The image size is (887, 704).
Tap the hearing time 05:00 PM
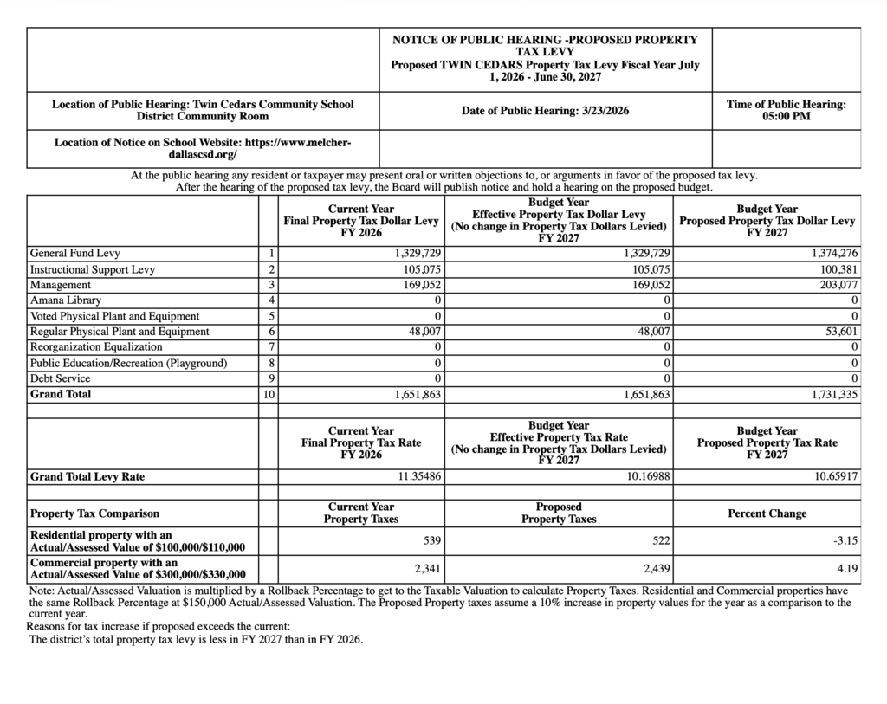tap(786, 116)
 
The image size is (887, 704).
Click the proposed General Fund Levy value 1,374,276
tap(835, 254)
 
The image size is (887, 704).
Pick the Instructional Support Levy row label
tap(93, 269)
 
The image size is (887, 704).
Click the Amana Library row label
tap(66, 300)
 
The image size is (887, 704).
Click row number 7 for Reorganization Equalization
tap(271, 347)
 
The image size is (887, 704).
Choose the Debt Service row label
tap(60, 378)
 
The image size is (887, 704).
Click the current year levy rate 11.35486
tap(419, 476)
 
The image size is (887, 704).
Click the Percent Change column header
tap(767, 513)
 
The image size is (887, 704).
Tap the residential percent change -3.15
tap(845, 541)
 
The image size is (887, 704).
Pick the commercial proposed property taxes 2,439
tap(656, 569)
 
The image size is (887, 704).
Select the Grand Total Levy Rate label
tap(87, 476)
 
